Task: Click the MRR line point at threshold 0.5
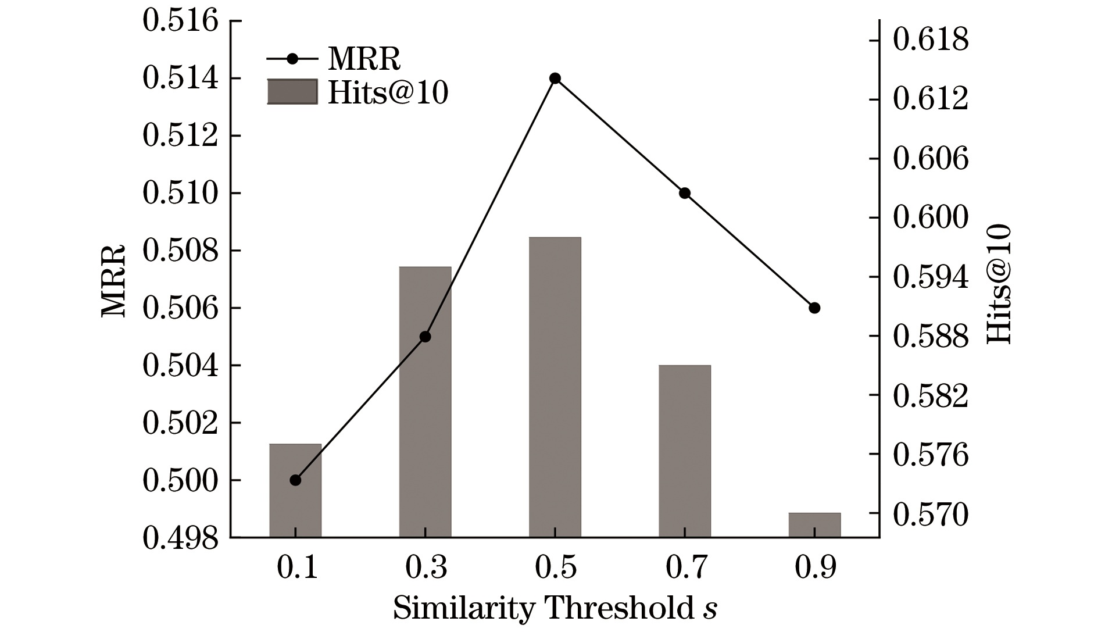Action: click(555, 78)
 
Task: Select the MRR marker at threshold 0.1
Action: click(295, 480)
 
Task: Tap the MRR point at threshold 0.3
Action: click(425, 337)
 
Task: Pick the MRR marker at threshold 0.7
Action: click(685, 193)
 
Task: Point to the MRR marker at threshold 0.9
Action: click(814, 308)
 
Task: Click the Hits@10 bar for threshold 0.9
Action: click(814, 525)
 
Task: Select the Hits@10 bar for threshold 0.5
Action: click(555, 387)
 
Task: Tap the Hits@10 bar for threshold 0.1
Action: click(295, 491)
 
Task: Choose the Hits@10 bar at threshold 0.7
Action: click(685, 451)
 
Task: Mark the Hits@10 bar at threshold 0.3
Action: click(425, 402)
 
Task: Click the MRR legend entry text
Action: click(364, 58)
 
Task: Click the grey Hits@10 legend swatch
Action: click(292, 92)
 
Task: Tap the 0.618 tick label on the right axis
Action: click(931, 40)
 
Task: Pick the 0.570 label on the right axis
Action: click(931, 515)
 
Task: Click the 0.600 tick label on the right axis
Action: click(931, 217)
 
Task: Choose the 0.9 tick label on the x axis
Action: click(815, 567)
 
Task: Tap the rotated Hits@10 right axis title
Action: click(999, 284)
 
